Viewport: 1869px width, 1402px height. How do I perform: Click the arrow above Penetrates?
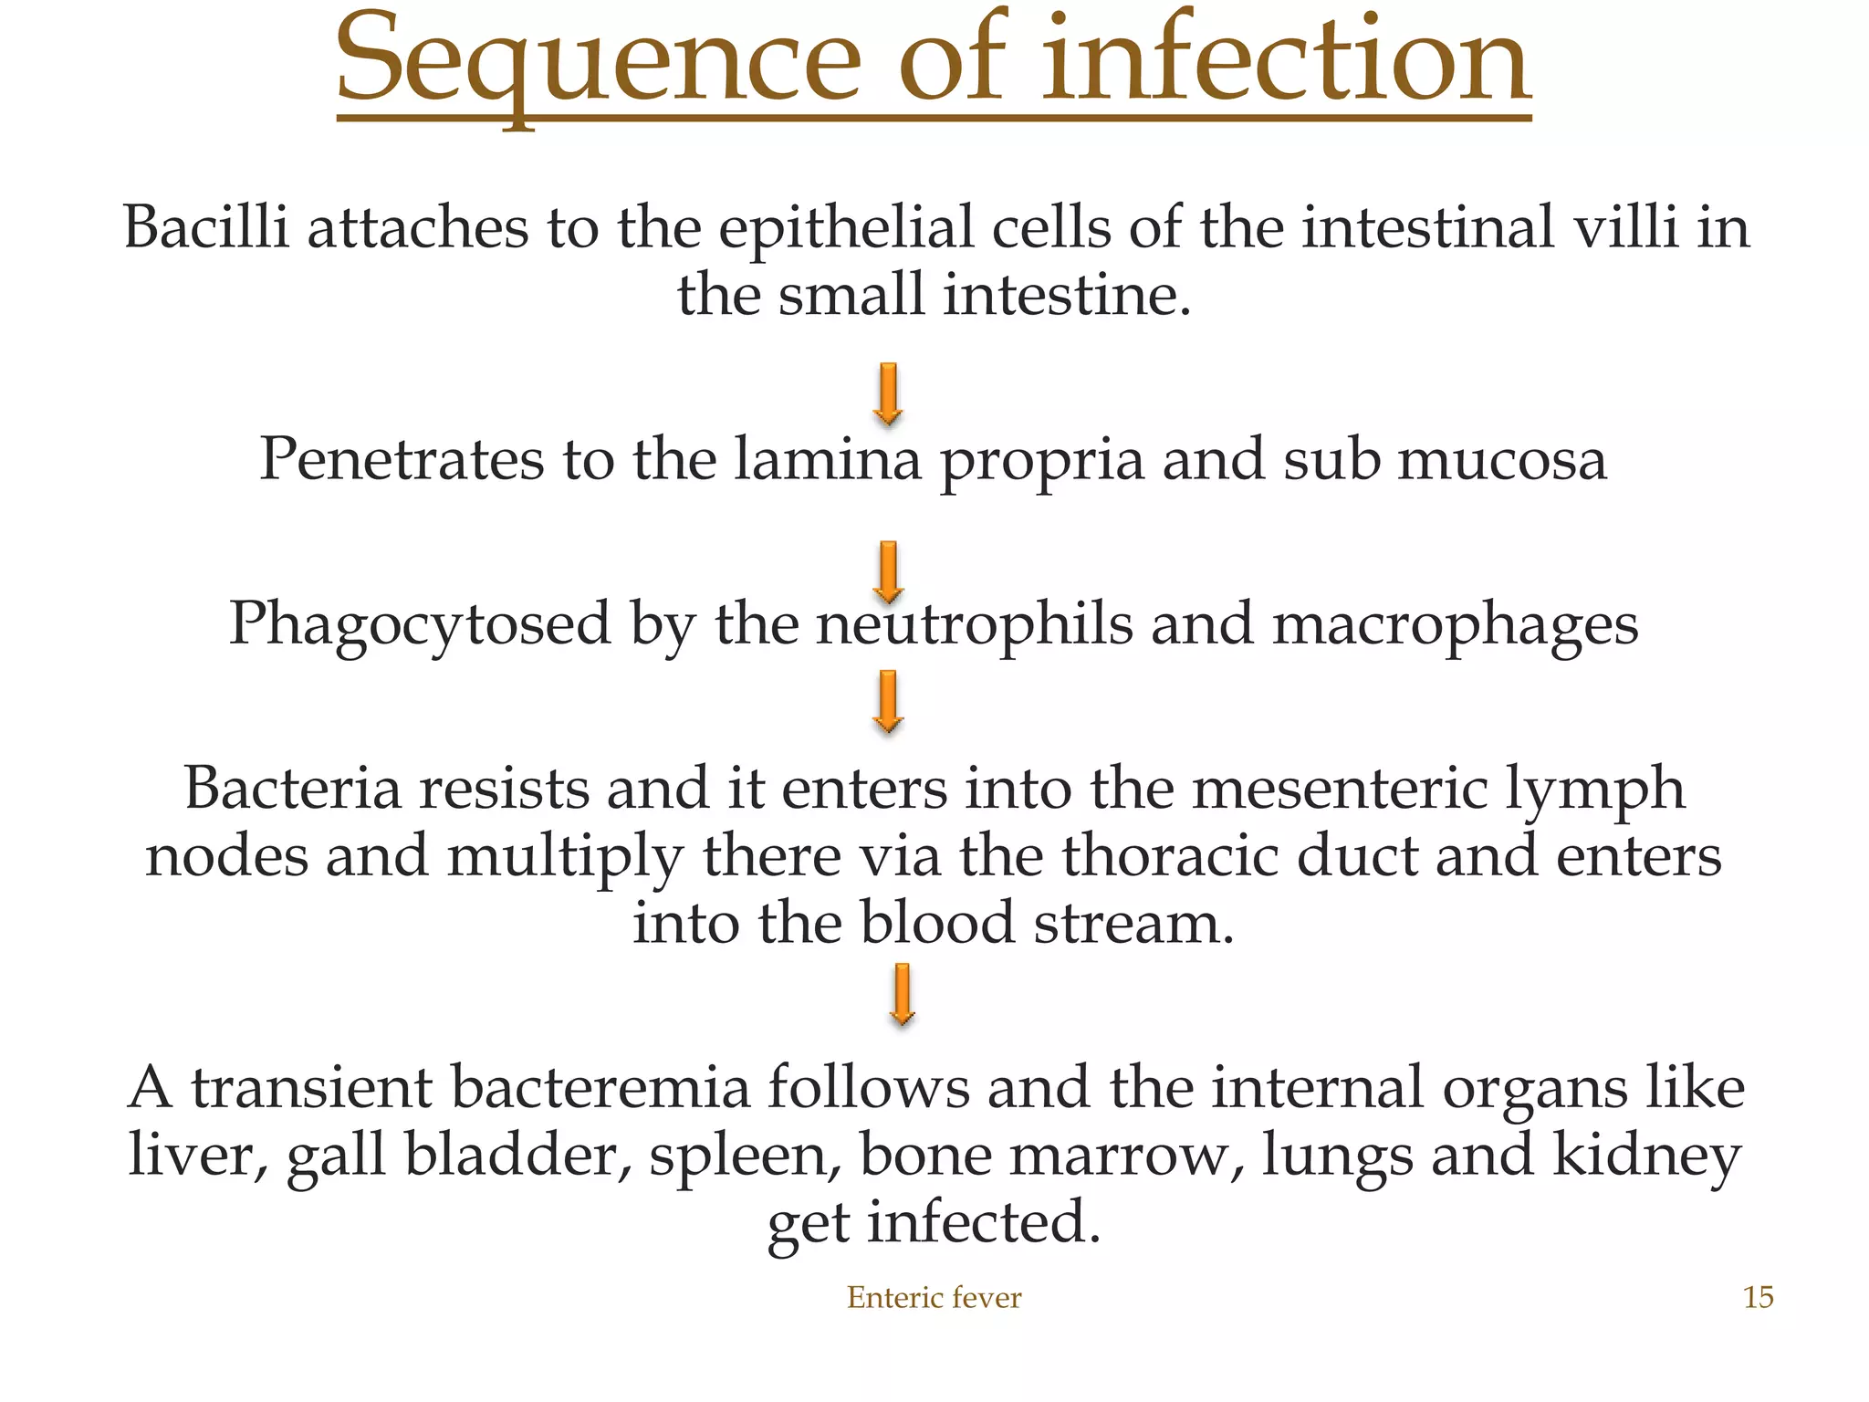click(x=888, y=394)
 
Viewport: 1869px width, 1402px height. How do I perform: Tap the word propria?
click(x=1041, y=462)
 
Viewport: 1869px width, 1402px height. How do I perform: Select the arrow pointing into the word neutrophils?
click(x=888, y=571)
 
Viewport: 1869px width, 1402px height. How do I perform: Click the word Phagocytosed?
click(x=419, y=626)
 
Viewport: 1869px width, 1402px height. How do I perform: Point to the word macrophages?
click(x=1455, y=626)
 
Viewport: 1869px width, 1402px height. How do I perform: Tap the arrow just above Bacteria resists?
click(x=888, y=702)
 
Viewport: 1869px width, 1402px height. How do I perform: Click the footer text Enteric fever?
click(x=934, y=1297)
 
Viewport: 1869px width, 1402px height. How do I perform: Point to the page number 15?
click(x=1758, y=1297)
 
